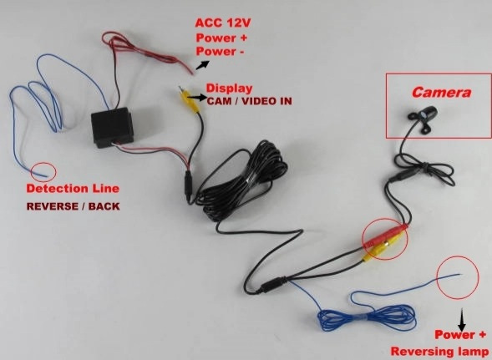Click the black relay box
tap(112, 127)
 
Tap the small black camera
tap(423, 118)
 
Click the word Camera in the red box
tap(441, 92)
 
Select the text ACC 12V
tap(223, 23)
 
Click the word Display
tap(229, 89)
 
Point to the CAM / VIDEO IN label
tap(249, 101)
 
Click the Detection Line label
tap(73, 188)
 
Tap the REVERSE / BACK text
tap(74, 206)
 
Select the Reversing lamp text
tap(439, 351)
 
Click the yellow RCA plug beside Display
tap(190, 99)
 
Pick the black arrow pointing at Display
tap(197, 98)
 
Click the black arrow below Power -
tap(202, 64)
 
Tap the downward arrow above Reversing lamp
tap(462, 319)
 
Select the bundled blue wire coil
tap(367, 317)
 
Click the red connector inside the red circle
tap(385, 234)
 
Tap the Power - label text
tap(220, 52)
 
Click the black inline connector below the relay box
tap(188, 186)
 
